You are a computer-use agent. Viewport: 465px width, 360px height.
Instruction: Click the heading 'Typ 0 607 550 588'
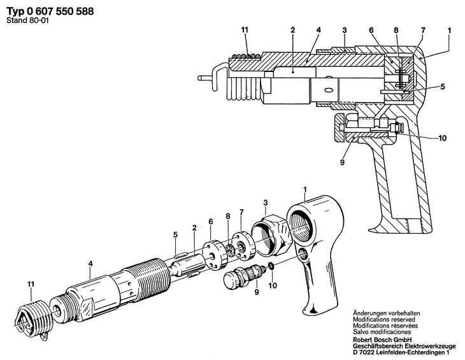[50, 11]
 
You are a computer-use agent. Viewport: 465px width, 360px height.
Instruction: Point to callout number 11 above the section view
[245, 30]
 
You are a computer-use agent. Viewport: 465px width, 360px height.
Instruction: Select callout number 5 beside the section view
[443, 87]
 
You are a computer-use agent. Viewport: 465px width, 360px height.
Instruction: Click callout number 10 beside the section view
[442, 138]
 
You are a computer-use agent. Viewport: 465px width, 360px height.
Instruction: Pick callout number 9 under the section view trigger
[342, 162]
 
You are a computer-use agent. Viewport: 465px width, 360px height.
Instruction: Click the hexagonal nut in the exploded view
[270, 235]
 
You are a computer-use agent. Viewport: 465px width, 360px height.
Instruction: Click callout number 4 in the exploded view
[90, 263]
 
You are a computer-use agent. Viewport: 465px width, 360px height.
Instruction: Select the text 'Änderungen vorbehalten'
[387, 313]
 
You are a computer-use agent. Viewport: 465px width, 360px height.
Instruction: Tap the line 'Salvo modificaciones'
[382, 332]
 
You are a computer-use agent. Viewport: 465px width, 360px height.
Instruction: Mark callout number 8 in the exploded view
[228, 216]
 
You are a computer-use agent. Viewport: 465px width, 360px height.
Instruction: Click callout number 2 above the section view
[293, 30]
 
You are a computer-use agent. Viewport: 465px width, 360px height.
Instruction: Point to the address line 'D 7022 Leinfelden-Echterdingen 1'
[401, 352]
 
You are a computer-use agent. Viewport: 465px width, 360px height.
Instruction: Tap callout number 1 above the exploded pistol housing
[306, 189]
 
